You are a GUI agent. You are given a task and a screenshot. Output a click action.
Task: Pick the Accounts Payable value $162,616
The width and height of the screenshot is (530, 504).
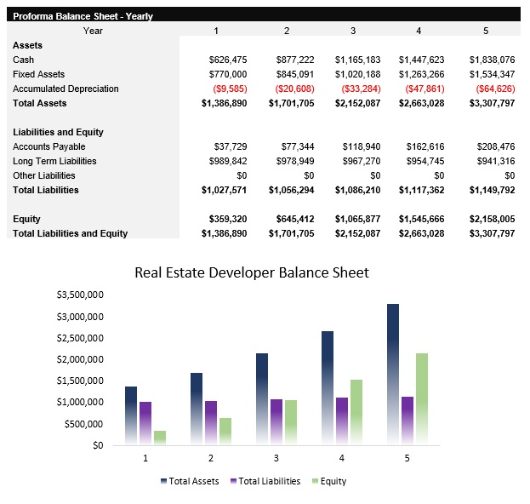point(421,146)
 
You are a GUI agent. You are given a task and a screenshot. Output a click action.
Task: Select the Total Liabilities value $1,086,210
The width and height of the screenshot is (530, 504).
point(356,190)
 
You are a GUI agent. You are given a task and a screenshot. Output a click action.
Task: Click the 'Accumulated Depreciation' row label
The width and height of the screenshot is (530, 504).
point(66,89)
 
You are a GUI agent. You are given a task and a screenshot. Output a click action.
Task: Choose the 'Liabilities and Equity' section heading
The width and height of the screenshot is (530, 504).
point(58,132)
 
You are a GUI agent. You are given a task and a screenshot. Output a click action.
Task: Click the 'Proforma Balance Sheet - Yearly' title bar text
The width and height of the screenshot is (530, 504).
point(83,16)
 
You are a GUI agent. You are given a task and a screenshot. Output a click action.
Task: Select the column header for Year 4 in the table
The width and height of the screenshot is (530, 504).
point(418,31)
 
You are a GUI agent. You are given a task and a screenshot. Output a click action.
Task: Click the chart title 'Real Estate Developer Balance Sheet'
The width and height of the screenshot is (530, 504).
point(252,273)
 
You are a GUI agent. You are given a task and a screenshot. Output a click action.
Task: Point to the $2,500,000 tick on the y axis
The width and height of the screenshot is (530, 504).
point(80,338)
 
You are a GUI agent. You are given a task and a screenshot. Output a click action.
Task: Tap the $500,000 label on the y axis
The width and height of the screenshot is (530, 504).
point(83,424)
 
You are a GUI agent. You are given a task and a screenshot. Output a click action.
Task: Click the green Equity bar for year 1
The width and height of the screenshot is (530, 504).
point(160,438)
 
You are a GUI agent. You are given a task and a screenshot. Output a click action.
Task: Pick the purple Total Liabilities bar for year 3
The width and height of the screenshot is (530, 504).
point(276,421)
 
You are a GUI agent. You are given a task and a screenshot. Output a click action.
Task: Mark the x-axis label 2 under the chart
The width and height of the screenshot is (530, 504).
point(209,458)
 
